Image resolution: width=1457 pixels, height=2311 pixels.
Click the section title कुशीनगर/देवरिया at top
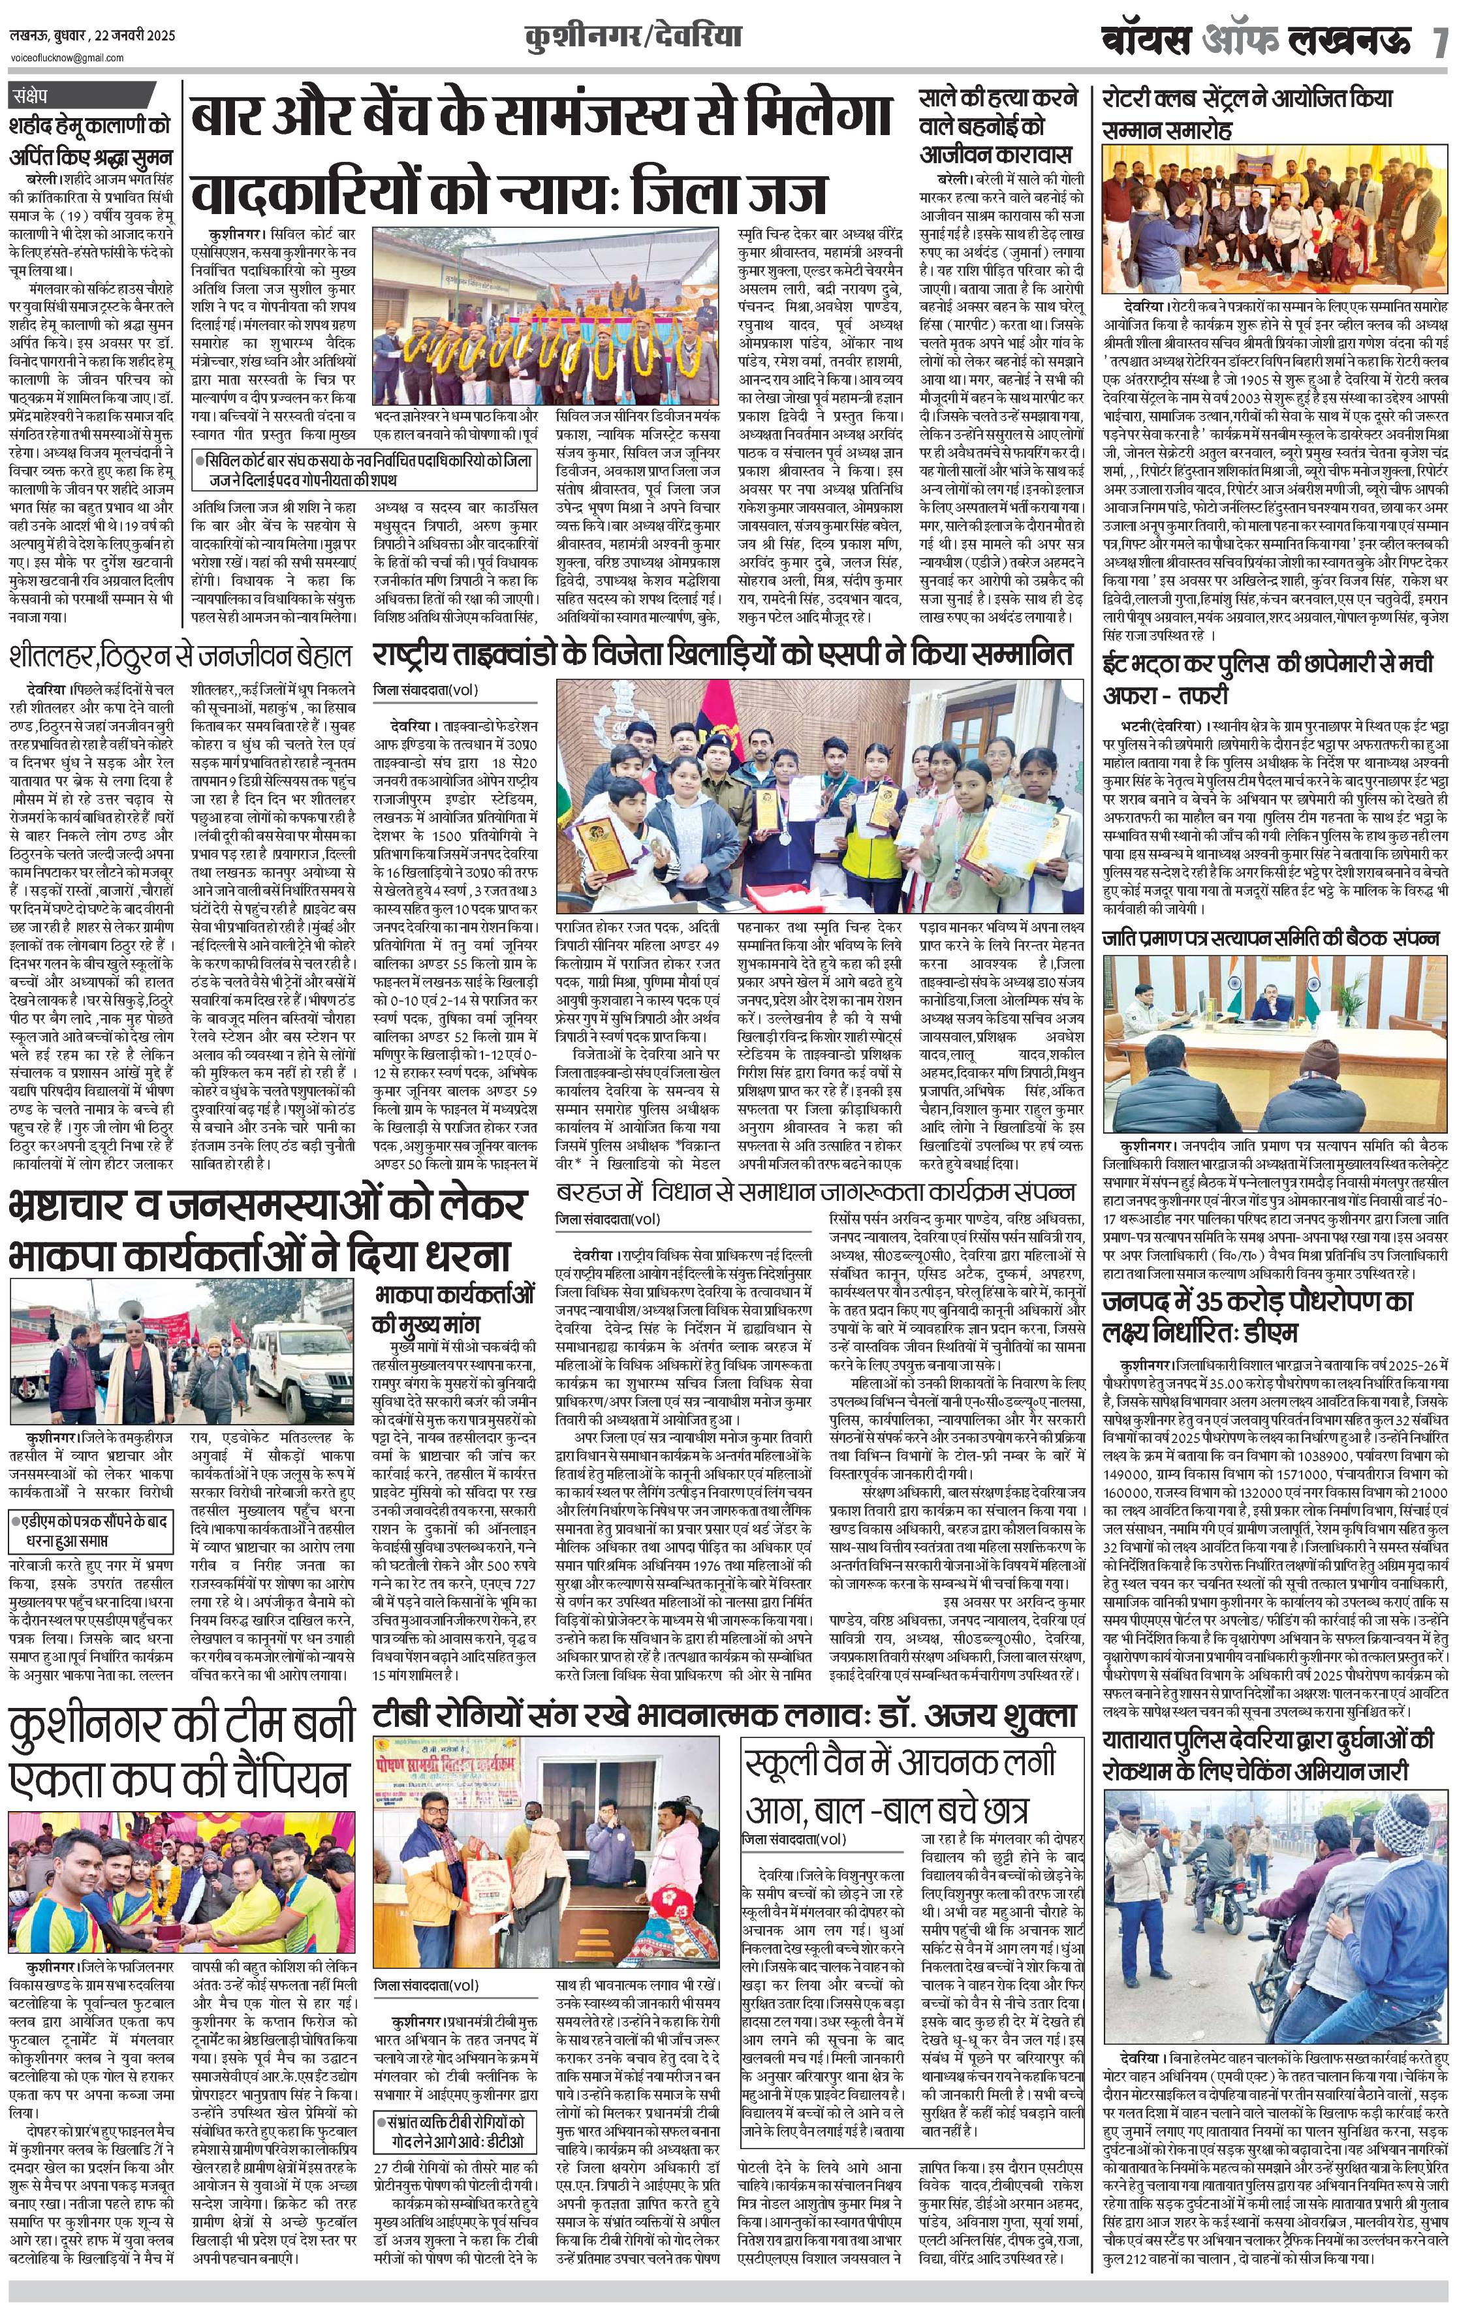point(633,39)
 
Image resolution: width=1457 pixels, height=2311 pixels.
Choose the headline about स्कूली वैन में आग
point(901,1785)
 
